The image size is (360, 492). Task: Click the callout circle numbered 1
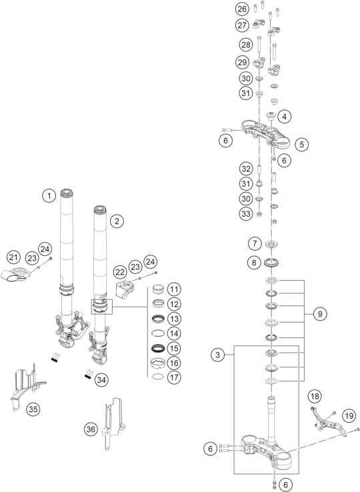point(49,196)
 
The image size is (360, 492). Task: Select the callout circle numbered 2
point(117,221)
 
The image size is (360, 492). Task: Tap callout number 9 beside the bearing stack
point(320,314)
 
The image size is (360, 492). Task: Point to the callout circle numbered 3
point(217,355)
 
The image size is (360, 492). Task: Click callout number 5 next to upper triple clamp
point(301,145)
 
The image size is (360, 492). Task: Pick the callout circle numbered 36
point(91,429)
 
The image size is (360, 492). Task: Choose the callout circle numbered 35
point(33,409)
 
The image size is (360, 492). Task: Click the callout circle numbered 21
point(13,257)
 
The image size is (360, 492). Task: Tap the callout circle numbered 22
point(120,272)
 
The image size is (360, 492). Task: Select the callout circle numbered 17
point(174,377)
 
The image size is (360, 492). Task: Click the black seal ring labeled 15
point(158,348)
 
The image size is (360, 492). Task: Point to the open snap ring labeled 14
point(158,333)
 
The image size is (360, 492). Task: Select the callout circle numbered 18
point(315,396)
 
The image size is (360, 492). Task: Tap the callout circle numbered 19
point(349,416)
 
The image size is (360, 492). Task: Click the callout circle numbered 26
point(242,9)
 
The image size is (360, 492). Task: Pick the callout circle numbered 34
point(101,380)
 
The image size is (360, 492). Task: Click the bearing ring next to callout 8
point(271,262)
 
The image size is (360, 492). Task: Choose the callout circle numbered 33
point(246,214)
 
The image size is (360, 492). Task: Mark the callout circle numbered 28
point(246,44)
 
